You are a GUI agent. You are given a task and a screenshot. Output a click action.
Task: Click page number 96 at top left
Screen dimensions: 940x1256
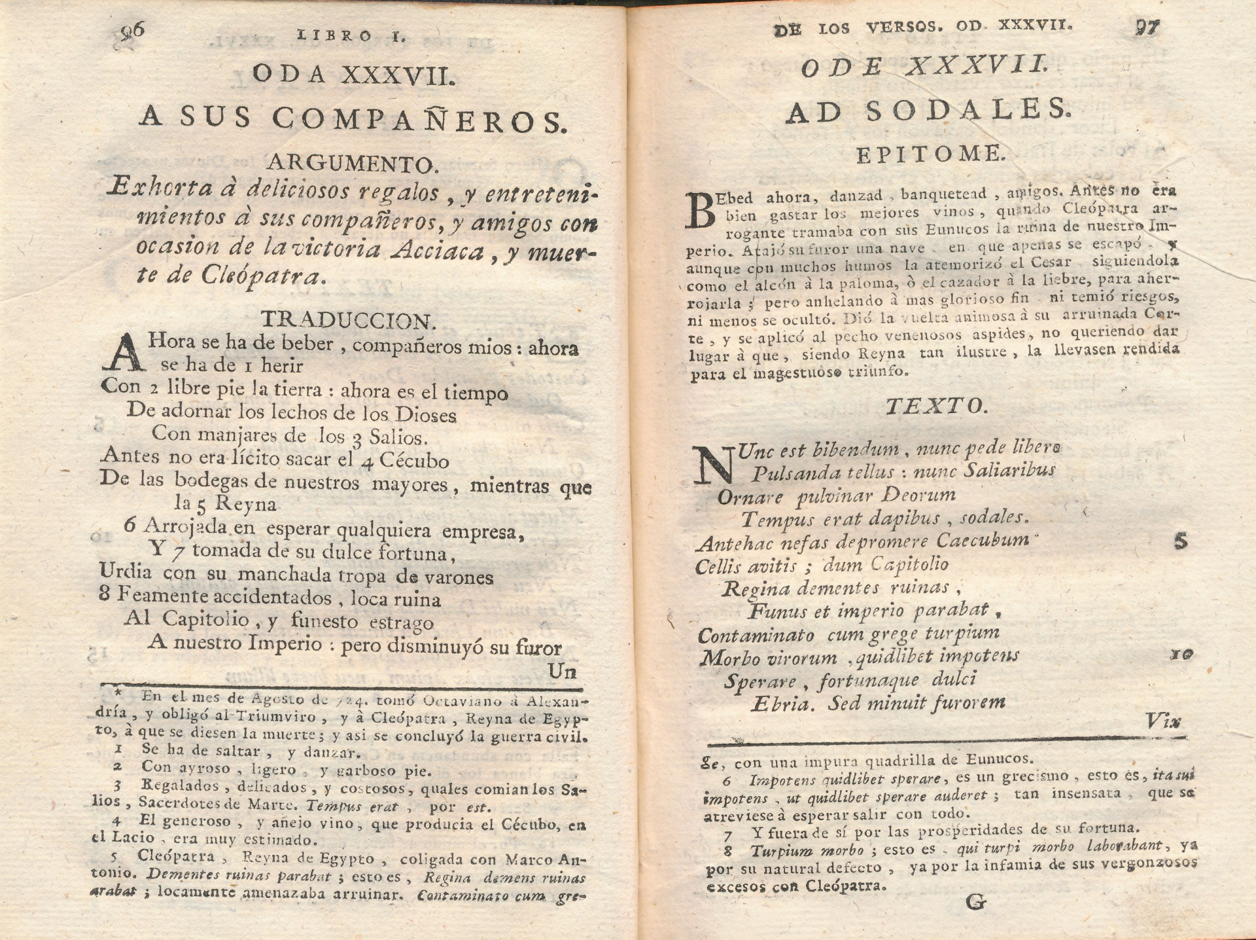pos(133,32)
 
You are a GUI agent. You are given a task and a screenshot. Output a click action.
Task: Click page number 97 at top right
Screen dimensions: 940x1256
pos(1145,28)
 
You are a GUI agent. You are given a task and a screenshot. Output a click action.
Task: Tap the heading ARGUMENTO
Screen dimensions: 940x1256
pos(349,162)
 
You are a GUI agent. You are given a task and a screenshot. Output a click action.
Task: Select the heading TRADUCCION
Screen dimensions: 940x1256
pos(349,320)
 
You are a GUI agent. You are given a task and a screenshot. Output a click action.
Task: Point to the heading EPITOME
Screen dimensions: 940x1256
pos(930,154)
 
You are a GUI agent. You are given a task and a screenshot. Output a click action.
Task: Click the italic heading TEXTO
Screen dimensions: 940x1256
pos(936,407)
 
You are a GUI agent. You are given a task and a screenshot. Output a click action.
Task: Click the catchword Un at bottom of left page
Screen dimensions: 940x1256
pos(562,672)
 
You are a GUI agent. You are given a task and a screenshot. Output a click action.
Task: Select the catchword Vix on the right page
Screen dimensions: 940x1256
pos(1163,721)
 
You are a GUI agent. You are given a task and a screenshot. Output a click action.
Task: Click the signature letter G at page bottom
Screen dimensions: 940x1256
pos(975,902)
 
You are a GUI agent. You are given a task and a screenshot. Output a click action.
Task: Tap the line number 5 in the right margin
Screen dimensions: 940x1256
pos(1180,541)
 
